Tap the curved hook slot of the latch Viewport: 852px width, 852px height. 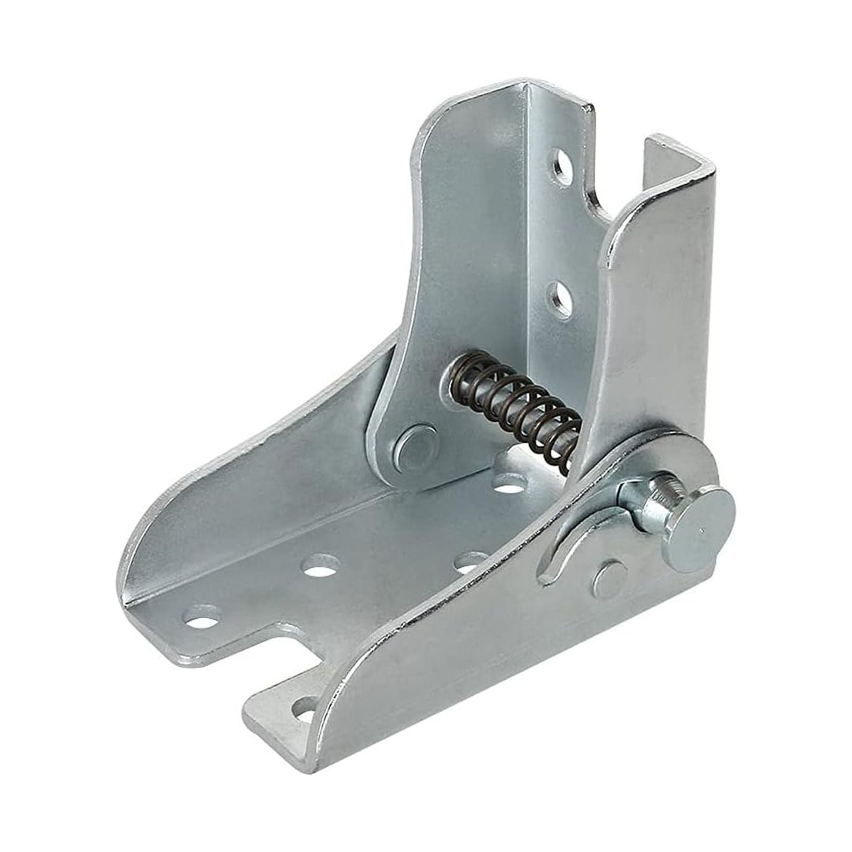[570, 538]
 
